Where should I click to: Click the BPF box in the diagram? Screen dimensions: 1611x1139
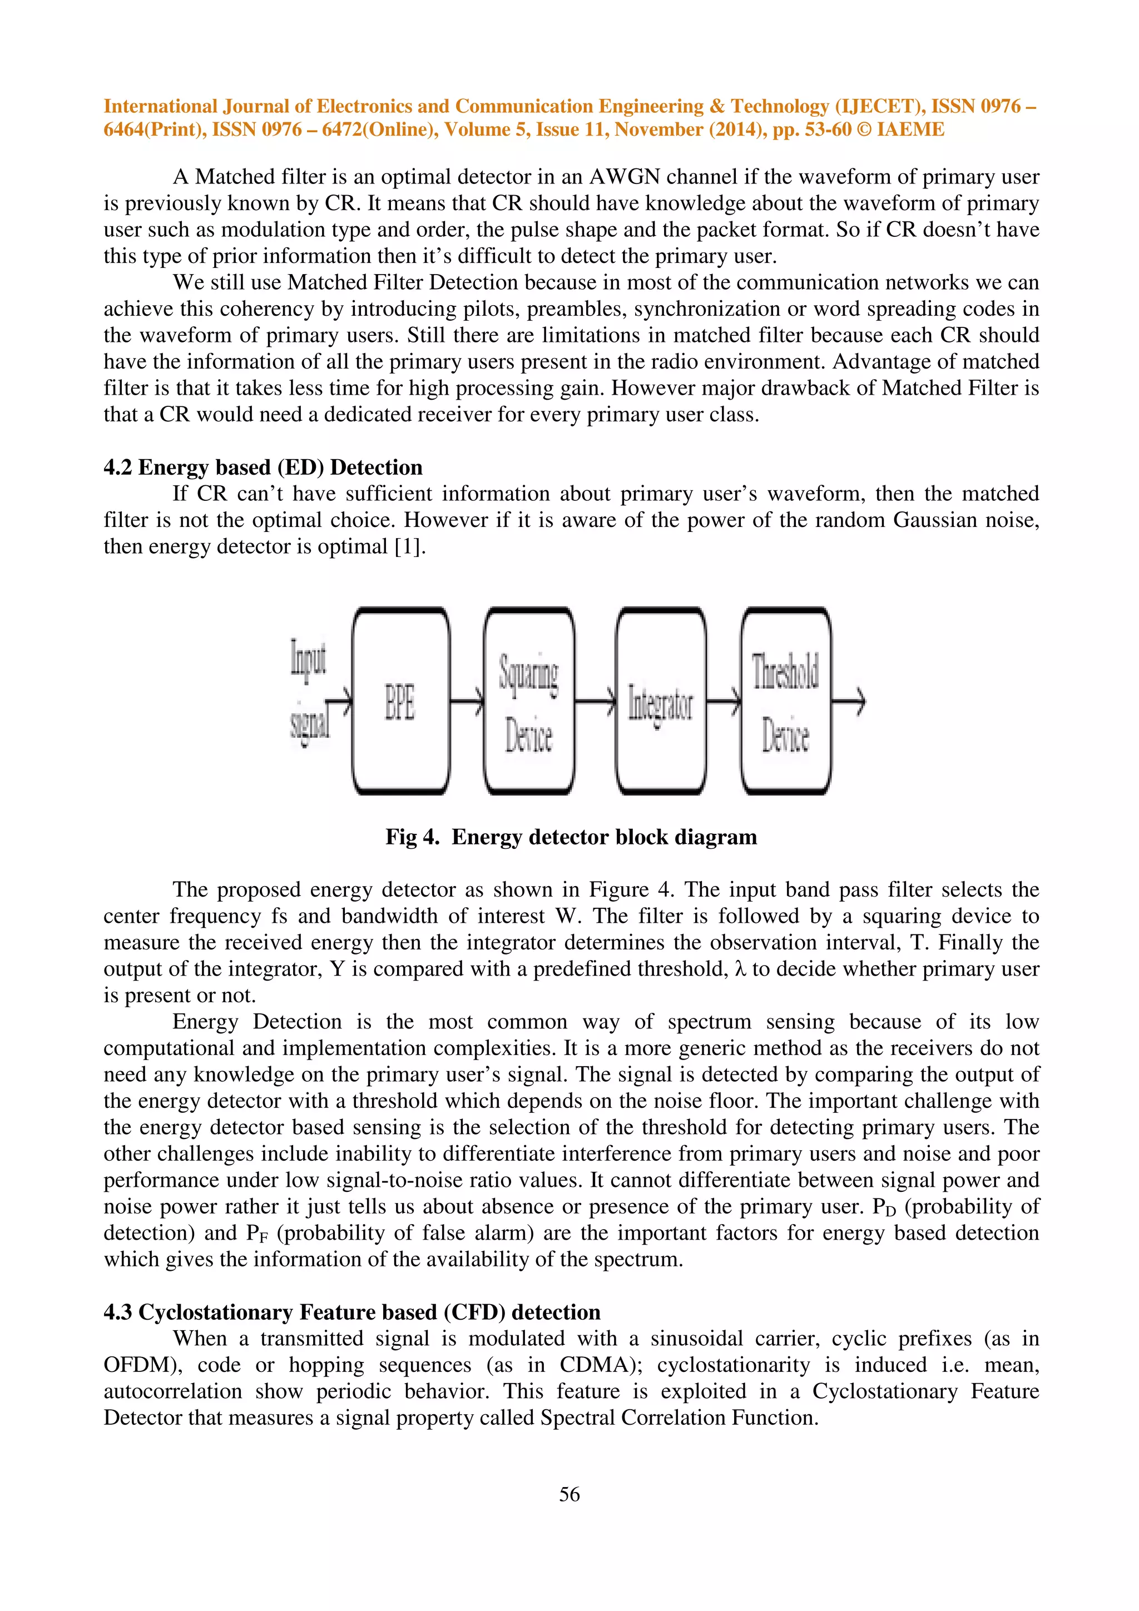[400, 700]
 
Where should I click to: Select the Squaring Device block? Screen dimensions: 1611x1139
[528, 700]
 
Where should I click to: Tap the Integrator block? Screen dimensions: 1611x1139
[660, 700]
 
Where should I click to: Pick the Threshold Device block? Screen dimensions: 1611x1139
[785, 700]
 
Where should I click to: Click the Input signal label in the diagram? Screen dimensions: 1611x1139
[309, 691]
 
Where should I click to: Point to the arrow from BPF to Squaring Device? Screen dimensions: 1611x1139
[467, 700]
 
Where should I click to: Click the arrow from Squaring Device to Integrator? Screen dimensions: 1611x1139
[595, 700]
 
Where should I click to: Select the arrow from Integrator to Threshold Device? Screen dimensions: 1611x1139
[724, 700]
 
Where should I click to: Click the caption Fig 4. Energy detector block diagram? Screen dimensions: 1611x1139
[571, 837]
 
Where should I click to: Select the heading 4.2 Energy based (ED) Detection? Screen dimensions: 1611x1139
[263, 468]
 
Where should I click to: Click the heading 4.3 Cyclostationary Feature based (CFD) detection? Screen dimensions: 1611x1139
[351, 1312]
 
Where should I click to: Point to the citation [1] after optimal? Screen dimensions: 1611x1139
[409, 546]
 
